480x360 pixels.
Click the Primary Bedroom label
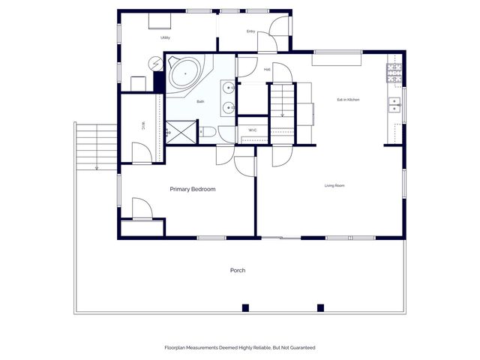(193, 190)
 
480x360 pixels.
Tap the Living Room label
(334, 185)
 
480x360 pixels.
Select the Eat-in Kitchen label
(349, 99)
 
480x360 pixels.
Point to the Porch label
(238, 270)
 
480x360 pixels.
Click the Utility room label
(165, 37)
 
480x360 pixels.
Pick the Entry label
(251, 31)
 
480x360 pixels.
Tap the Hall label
(267, 70)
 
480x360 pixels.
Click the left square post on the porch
(245, 307)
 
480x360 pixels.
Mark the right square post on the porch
(320, 307)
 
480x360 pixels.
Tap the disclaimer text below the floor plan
(239, 348)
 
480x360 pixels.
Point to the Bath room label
(200, 101)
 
